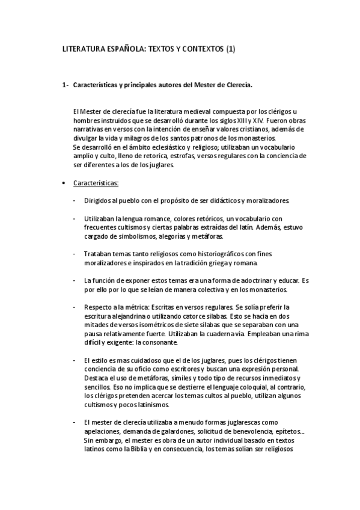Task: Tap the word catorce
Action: [187, 316]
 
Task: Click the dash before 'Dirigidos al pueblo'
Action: [74, 200]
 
